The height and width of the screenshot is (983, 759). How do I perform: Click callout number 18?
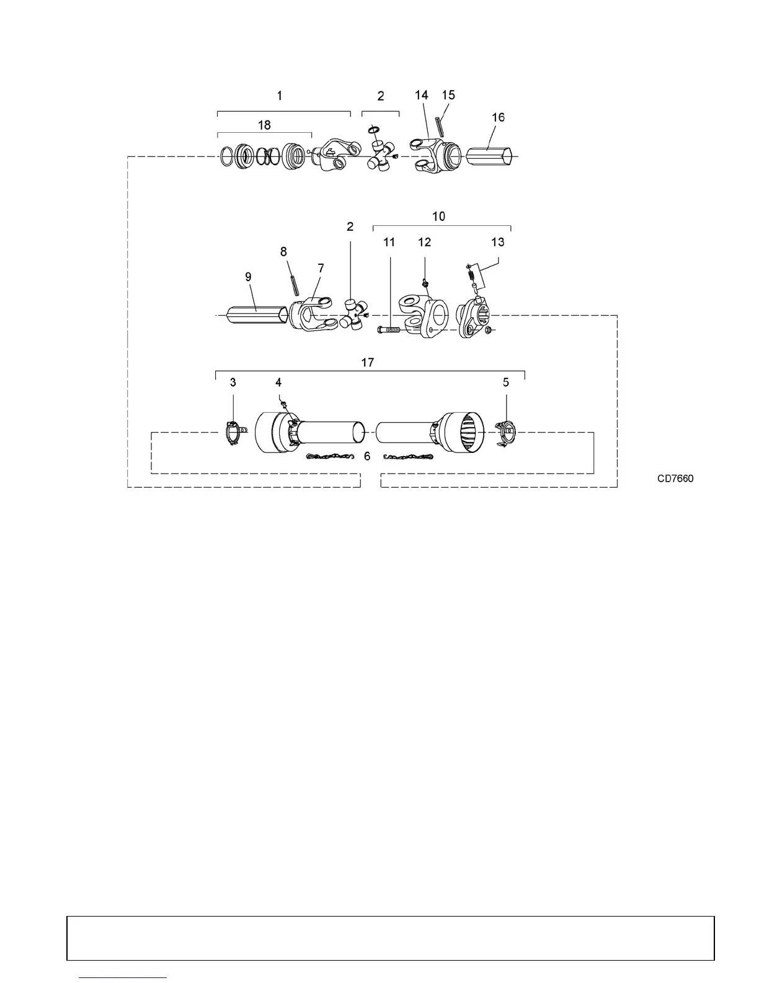pyautogui.click(x=264, y=125)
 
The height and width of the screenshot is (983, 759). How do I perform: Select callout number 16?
pyautogui.click(x=498, y=117)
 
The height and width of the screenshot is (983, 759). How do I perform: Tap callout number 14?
pyautogui.click(x=421, y=95)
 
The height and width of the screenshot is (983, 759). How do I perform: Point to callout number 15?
pyautogui.click(x=448, y=94)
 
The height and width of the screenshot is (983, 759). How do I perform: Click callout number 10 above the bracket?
pyautogui.click(x=438, y=217)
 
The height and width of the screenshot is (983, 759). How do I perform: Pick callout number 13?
pyautogui.click(x=498, y=242)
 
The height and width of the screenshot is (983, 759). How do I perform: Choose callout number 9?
pyautogui.click(x=248, y=277)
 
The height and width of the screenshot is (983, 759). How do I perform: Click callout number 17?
pyautogui.click(x=368, y=362)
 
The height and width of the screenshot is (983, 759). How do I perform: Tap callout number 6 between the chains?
pyautogui.click(x=367, y=456)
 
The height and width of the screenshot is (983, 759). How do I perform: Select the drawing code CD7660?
pyautogui.click(x=676, y=478)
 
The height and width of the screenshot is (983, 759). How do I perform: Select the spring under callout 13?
pyautogui.click(x=471, y=273)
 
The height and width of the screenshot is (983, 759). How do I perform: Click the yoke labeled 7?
pyautogui.click(x=310, y=313)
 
